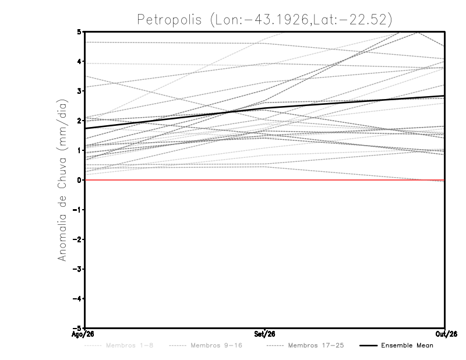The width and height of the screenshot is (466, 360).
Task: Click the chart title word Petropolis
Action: click(x=170, y=20)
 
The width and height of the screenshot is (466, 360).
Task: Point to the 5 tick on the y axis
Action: click(x=79, y=31)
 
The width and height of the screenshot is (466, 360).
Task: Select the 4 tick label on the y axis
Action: click(x=79, y=62)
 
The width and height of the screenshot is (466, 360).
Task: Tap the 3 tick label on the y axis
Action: click(x=79, y=91)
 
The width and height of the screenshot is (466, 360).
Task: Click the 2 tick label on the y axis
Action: click(x=79, y=121)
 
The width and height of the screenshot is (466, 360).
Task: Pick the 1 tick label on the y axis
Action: click(x=79, y=150)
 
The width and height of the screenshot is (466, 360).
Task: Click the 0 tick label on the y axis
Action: click(x=79, y=180)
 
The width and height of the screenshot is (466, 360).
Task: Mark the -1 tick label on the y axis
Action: click(x=77, y=210)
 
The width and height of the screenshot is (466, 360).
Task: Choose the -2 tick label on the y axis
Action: click(x=77, y=239)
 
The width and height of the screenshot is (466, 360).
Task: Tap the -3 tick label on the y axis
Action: click(x=77, y=269)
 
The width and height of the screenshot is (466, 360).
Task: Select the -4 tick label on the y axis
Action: click(x=77, y=298)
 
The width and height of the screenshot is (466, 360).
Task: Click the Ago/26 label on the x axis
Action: click(x=83, y=334)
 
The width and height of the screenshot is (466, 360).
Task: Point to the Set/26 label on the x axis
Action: click(x=264, y=334)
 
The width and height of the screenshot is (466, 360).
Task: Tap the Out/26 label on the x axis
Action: click(x=446, y=334)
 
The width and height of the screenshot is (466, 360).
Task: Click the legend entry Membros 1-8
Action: click(x=119, y=345)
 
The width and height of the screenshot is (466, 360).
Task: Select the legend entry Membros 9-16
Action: click(x=206, y=345)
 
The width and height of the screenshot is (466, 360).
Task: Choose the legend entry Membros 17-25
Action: click(x=305, y=345)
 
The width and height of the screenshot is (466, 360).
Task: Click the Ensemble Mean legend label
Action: click(x=407, y=345)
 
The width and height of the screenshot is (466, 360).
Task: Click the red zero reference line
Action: click(x=265, y=180)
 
